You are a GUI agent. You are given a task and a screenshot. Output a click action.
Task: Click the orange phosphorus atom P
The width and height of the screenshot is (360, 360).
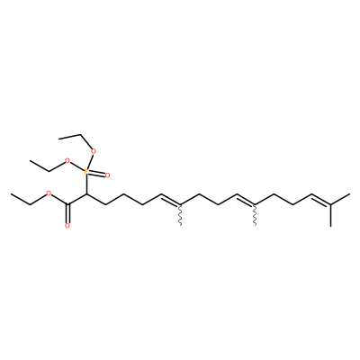tap(86, 172)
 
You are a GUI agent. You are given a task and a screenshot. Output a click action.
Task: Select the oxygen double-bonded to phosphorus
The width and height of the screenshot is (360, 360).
tap(107, 175)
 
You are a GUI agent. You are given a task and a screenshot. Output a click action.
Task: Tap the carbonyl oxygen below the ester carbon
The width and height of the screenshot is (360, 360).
tap(67, 226)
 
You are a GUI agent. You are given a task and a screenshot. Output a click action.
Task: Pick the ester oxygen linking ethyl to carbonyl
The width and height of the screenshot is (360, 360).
tap(49, 194)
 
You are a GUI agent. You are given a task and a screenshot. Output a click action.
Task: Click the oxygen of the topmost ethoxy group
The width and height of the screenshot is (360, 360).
tap(94, 150)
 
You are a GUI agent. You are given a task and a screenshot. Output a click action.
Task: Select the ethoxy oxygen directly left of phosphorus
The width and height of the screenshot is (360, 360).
tap(67, 161)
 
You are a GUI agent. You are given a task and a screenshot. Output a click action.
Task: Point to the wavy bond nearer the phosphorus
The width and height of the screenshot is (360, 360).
tap(180, 215)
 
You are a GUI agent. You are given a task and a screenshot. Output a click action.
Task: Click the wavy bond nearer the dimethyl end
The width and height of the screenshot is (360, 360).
tap(256, 215)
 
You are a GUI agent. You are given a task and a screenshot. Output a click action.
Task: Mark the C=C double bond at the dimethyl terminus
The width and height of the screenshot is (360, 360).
tap(321, 201)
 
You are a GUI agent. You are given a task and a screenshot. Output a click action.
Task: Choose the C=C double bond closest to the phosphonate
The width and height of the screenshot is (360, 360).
tap(170, 201)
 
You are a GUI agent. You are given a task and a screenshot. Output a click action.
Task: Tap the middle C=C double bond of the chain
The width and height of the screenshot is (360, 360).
tap(246, 201)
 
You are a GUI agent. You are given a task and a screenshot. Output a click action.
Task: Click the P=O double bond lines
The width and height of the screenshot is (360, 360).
tap(96, 174)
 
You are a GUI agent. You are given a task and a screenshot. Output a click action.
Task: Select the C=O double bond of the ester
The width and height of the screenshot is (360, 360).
tap(67, 213)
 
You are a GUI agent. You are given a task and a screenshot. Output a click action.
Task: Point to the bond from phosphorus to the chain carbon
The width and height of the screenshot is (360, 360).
tap(86, 184)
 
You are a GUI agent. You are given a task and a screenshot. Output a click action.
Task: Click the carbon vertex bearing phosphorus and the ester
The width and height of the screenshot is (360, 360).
tap(86, 194)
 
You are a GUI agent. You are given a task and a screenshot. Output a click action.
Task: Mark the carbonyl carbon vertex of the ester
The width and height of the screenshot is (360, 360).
tap(67, 205)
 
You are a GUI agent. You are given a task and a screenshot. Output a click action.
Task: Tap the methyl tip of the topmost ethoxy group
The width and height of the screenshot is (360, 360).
tap(59, 138)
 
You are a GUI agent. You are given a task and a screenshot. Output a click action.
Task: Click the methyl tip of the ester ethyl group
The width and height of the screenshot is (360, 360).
tap(11, 194)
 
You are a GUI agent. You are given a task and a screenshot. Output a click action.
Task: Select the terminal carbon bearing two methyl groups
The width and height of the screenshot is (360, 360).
tap(330, 205)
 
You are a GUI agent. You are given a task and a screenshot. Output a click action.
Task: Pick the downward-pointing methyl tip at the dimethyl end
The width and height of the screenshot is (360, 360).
tap(330, 226)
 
